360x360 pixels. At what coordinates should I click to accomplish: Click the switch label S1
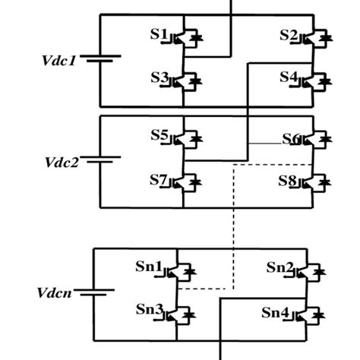[x=158, y=36]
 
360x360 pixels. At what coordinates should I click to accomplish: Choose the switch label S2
[x=289, y=36]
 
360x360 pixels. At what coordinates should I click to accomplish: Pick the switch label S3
[x=158, y=77]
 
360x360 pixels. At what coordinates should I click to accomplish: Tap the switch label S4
[x=289, y=77]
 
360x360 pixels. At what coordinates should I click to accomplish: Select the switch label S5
[x=159, y=136]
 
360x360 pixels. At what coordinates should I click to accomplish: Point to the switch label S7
[x=159, y=180]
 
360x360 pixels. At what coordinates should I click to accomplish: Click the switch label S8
[x=289, y=181]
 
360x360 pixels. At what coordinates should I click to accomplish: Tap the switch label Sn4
[x=277, y=312]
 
